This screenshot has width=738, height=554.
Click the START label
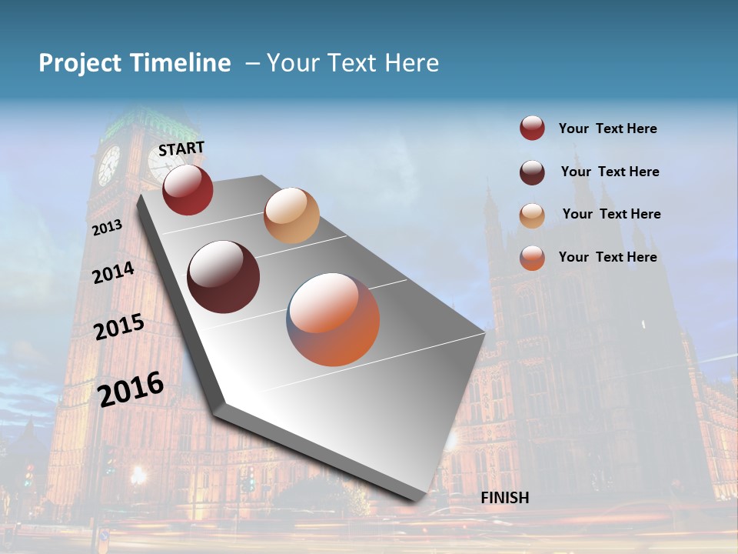coord(181,149)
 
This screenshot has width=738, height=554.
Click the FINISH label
coord(504,498)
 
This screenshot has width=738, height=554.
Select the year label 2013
coord(107,227)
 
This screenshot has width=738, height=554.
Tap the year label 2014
coord(113,272)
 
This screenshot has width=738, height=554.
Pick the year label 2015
coord(118,328)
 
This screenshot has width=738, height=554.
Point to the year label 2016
coord(131,389)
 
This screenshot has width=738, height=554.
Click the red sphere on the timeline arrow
coord(188,189)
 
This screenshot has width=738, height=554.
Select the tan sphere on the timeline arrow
coord(291,215)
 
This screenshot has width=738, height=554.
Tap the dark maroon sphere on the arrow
coord(224,277)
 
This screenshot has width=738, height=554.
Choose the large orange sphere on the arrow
coord(333,319)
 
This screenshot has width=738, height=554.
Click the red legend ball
coord(532,128)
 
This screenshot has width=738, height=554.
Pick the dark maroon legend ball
coord(532,172)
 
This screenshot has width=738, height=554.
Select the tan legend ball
coord(532,215)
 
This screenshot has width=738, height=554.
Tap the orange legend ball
coord(532,258)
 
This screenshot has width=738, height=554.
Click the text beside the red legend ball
coord(607,128)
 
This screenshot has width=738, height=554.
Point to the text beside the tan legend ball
coord(611,214)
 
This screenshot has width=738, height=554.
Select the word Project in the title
coord(81,63)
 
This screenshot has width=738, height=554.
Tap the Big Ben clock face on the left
coord(108,165)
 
